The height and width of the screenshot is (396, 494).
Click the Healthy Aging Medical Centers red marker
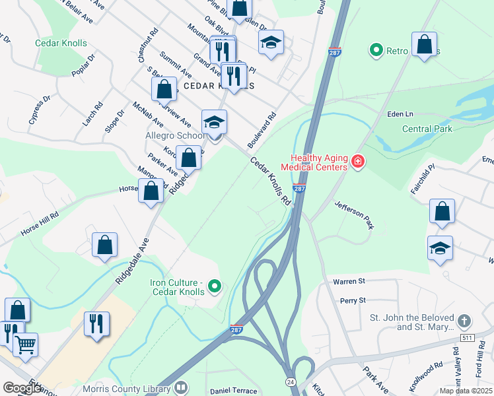(x=358, y=161)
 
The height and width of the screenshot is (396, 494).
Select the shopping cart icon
(x=25, y=343)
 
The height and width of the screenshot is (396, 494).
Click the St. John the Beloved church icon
(x=464, y=321)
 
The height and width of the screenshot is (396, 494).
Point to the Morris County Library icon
(x=180, y=388)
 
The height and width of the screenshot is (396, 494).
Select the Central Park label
(x=427, y=129)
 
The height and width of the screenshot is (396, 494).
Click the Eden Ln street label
(x=400, y=114)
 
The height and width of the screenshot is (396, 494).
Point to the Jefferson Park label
(x=354, y=214)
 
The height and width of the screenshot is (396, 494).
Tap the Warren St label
(x=348, y=281)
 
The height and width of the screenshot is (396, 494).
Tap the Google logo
(x=22, y=388)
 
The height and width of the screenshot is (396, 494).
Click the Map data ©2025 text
(x=466, y=391)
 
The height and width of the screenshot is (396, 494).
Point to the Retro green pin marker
(x=376, y=49)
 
